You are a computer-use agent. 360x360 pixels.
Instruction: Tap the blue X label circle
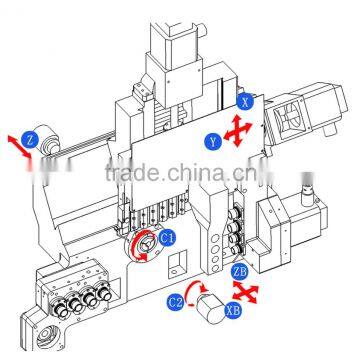pyautogui.click(x=246, y=100)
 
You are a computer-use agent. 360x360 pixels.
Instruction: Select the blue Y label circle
pyautogui.click(x=213, y=142)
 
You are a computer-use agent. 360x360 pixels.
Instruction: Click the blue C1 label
pyautogui.click(x=167, y=237)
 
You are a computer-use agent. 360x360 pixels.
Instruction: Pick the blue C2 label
pyautogui.click(x=176, y=300)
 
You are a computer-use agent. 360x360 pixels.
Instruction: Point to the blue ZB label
pyautogui.click(x=240, y=270)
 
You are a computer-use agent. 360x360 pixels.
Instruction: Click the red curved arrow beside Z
pyautogui.click(x=14, y=146)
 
